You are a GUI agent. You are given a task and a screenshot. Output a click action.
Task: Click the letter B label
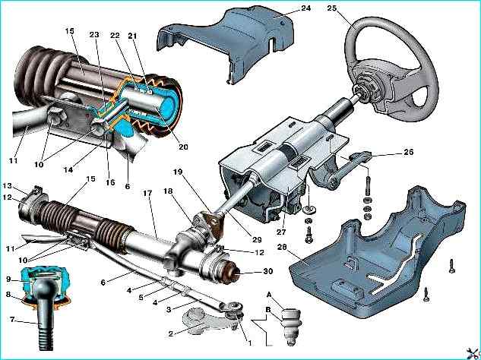267,311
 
